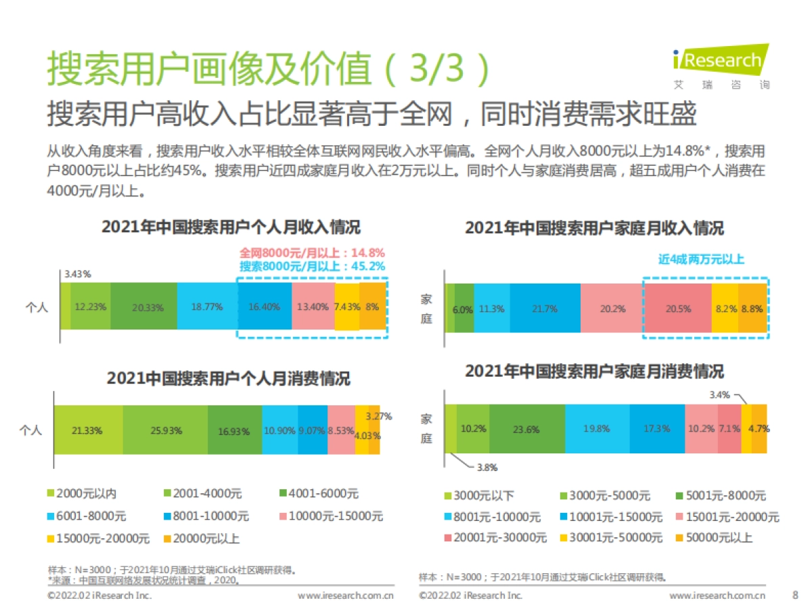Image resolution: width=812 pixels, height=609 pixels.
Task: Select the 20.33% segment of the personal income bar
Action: click(144, 307)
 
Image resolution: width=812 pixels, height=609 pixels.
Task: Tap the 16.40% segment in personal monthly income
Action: click(265, 307)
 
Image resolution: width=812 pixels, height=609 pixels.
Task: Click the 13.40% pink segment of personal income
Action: click(313, 307)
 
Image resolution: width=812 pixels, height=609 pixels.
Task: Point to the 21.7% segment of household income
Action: click(545, 309)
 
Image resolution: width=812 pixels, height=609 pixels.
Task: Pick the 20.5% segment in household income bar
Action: click(677, 309)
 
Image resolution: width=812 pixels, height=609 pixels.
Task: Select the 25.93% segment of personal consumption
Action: click(165, 430)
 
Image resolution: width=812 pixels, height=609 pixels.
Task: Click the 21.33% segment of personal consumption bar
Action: click(88, 430)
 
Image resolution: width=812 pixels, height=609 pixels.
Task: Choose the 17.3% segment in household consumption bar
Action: click(656, 428)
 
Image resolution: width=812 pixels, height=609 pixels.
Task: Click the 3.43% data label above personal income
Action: click(78, 274)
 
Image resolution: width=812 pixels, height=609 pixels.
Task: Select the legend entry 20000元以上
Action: click(196, 539)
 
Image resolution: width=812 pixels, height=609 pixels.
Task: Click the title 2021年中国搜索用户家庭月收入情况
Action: click(593, 229)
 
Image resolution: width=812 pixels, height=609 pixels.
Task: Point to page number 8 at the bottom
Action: click(794, 595)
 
